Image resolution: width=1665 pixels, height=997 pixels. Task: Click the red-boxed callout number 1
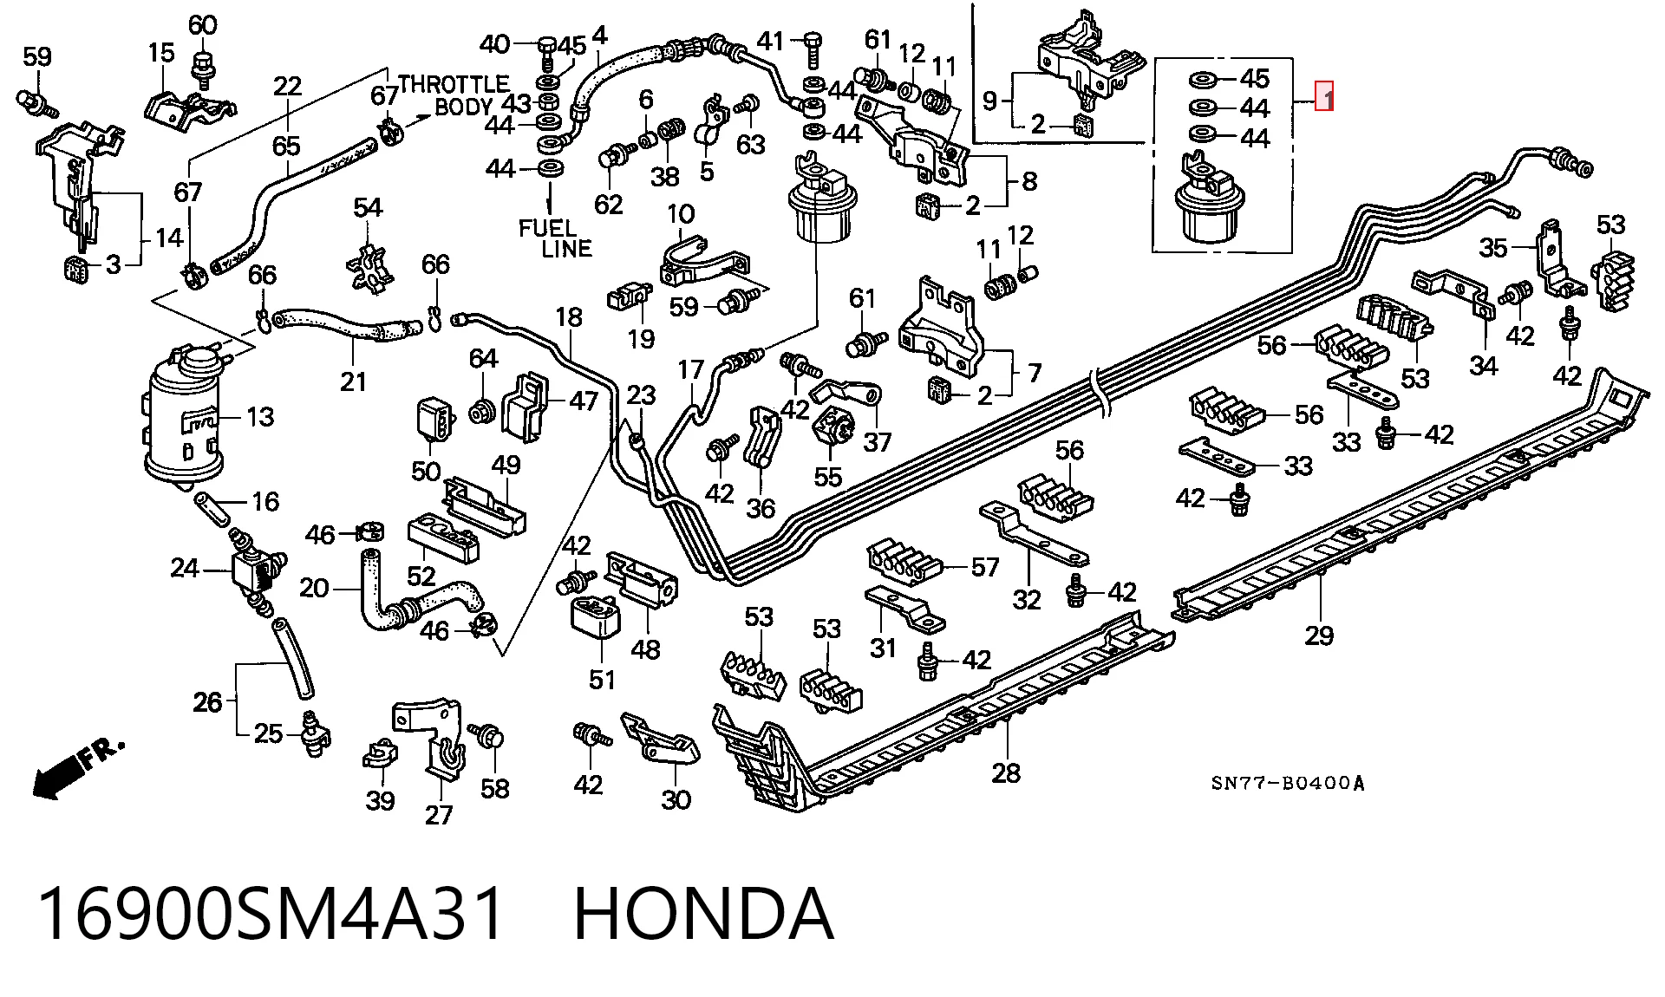tap(1324, 96)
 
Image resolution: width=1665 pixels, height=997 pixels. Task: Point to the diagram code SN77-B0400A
tap(1288, 784)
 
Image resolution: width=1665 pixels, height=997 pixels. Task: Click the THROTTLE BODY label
tap(454, 96)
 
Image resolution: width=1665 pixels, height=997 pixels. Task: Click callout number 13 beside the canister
tap(260, 418)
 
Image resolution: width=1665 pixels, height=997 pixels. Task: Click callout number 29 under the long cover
tap(1319, 635)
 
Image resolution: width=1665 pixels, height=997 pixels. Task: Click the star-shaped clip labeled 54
tap(368, 262)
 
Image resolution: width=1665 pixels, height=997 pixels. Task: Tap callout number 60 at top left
tap(202, 25)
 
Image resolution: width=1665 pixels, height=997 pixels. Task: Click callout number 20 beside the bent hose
tap(314, 590)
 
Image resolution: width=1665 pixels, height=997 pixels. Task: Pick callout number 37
tap(878, 442)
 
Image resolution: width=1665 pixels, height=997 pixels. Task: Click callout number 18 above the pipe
tap(569, 318)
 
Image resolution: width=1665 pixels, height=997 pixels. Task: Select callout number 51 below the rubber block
tap(602, 680)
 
